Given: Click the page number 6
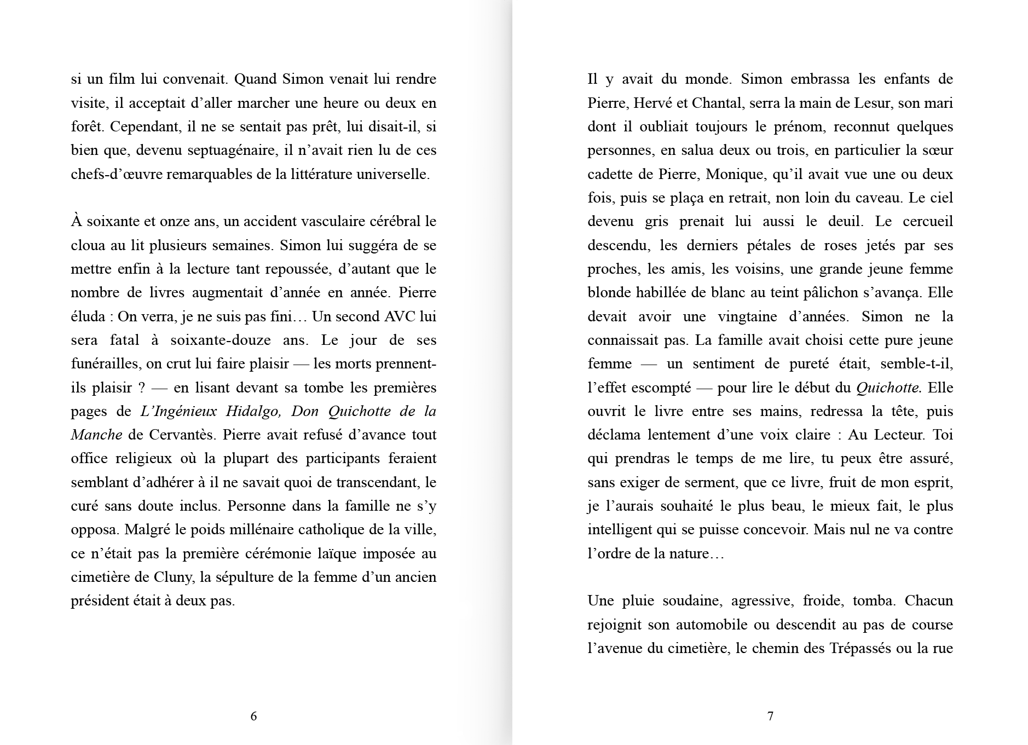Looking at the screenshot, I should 253,716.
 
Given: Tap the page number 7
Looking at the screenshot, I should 770,716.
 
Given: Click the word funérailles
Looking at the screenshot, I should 105,364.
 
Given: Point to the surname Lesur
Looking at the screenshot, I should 879,103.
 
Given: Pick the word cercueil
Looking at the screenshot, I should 925,222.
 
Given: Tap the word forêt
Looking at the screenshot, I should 86,127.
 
